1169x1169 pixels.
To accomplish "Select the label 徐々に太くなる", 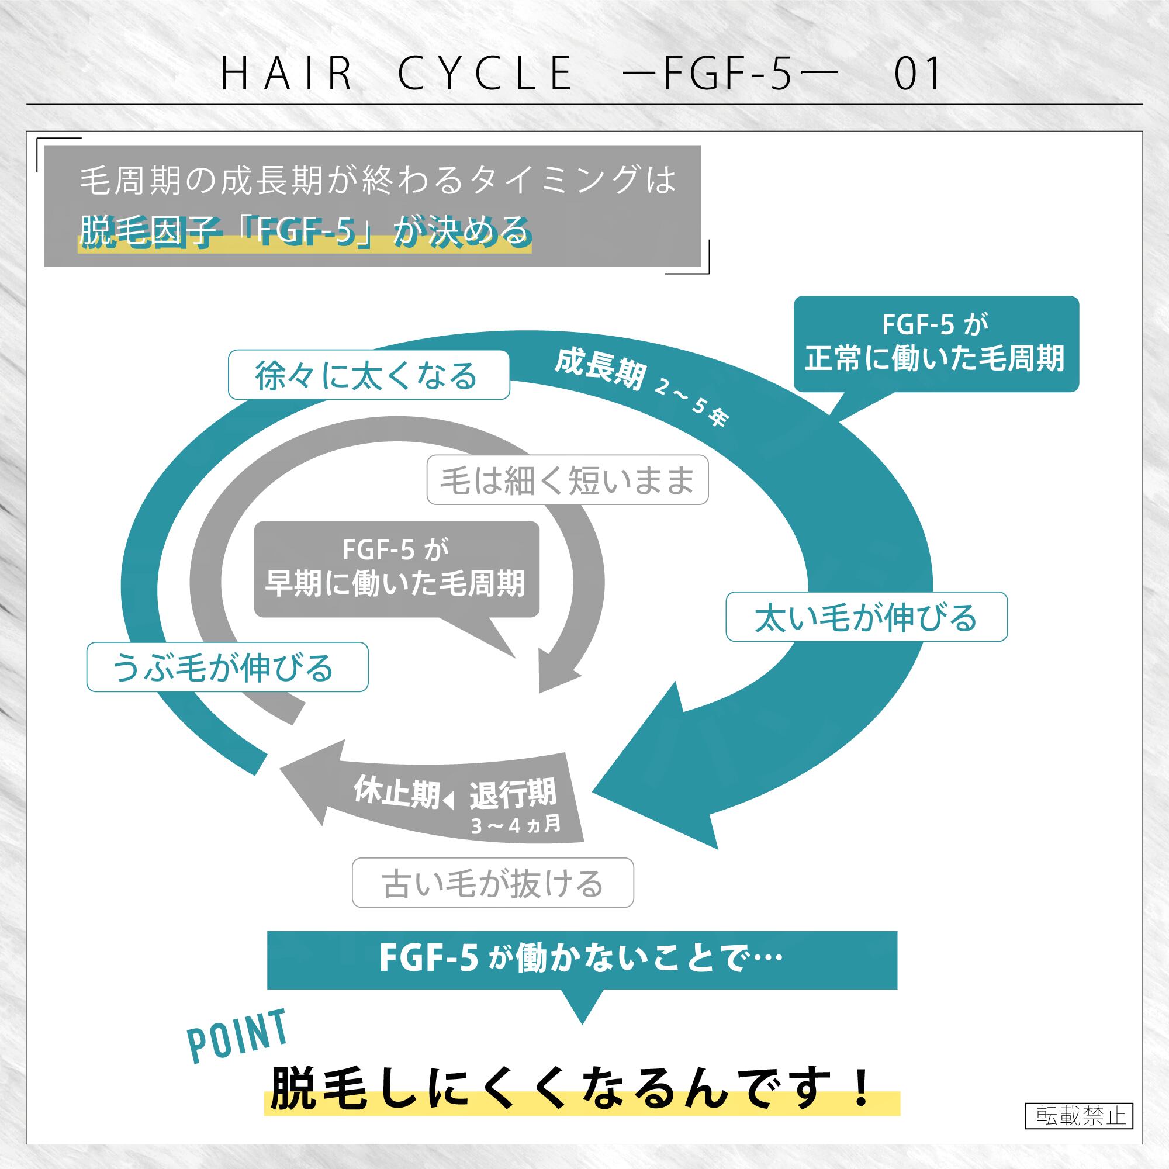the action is [368, 375].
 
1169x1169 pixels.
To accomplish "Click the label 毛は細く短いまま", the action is [568, 480].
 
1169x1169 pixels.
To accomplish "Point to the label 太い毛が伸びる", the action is [866, 617].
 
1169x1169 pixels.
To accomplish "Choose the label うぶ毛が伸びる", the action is [227, 667].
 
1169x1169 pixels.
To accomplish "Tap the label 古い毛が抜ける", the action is [493, 883].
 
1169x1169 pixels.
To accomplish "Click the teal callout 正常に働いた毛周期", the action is [936, 344].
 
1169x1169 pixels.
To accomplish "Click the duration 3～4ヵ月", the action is [516, 825].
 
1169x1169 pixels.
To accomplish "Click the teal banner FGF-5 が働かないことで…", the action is [582, 959].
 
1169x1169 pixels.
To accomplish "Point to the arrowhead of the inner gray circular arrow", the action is [540, 691].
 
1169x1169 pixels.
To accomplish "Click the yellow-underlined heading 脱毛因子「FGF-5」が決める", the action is [305, 231].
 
